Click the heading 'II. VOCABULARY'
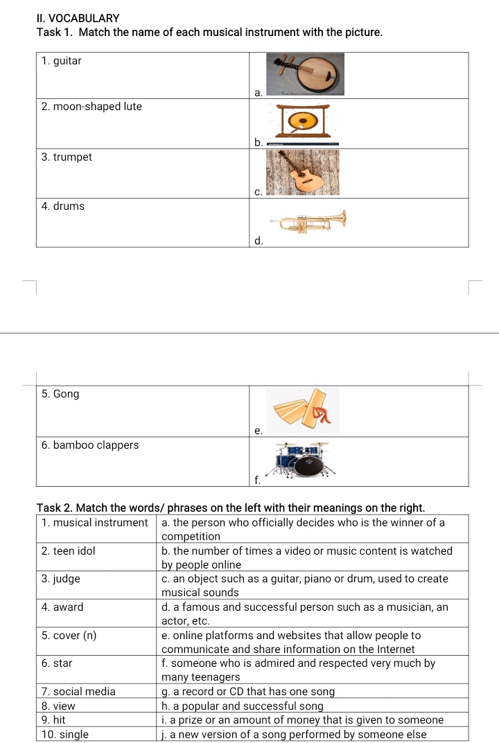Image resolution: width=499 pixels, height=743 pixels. pyautogui.click(x=78, y=18)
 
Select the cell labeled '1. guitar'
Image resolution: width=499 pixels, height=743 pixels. pyautogui.click(x=61, y=61)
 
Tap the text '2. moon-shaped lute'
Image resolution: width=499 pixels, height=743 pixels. pyautogui.click(x=91, y=107)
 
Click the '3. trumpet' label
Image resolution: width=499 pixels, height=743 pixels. pyautogui.click(x=67, y=157)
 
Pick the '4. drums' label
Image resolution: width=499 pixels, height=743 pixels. pyautogui.click(x=63, y=206)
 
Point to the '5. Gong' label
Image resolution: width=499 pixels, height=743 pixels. pyautogui.click(x=60, y=394)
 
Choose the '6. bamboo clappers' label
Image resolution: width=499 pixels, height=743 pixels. pyautogui.click(x=90, y=445)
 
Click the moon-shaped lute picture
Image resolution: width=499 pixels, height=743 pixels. pyautogui.click(x=305, y=73)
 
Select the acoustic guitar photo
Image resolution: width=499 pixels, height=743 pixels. pyautogui.click(x=304, y=172)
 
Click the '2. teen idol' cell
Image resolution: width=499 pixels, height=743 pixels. pyautogui.click(x=69, y=551)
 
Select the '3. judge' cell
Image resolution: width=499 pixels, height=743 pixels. pyautogui.click(x=61, y=579)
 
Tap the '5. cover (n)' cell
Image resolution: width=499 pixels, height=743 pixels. pyautogui.click(x=69, y=636)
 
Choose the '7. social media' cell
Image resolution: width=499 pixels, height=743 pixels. pyautogui.click(x=79, y=691)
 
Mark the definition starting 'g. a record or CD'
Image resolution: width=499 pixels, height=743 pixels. pyautogui.click(x=248, y=691)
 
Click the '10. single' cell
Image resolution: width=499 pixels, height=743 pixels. pyautogui.click(x=65, y=735)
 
